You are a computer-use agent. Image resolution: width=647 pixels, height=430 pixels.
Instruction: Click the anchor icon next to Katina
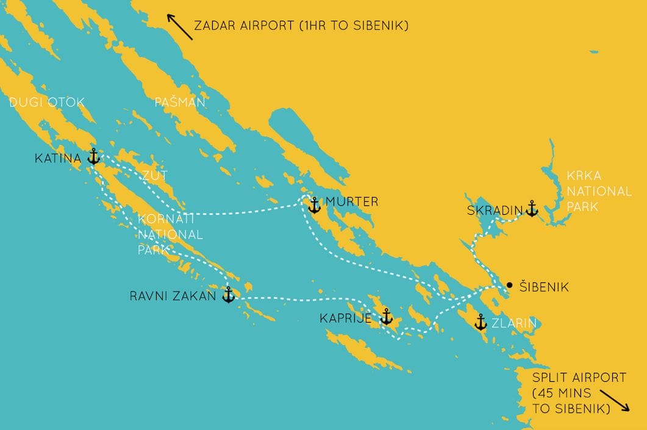pos(93,156)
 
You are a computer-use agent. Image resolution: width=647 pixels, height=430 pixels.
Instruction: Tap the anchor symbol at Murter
pos(314,205)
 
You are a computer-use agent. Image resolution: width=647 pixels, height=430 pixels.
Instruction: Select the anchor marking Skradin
pos(532,209)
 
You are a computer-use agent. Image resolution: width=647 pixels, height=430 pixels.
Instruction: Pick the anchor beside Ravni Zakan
pos(228,295)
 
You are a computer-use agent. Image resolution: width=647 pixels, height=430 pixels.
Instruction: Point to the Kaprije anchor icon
pos(386,316)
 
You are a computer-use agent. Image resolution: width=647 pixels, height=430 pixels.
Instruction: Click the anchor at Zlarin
pos(481,321)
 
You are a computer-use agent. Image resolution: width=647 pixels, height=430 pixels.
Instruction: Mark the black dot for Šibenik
pos(509,285)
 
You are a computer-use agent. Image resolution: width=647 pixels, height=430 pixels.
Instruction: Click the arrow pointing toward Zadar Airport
pos(181,28)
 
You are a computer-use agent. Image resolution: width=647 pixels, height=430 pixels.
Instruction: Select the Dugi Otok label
pos(47,102)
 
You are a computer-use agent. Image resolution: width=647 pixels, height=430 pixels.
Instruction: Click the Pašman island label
pos(180,102)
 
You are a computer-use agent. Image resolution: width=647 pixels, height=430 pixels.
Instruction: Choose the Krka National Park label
pos(599,191)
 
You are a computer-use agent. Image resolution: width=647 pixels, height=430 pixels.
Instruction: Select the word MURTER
pos(352,201)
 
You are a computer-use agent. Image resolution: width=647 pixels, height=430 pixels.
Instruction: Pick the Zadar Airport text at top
pos(301,26)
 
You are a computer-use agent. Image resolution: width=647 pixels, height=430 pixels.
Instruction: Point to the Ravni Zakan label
pos(173,297)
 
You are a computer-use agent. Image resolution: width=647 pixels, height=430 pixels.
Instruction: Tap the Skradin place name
pos(495,210)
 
